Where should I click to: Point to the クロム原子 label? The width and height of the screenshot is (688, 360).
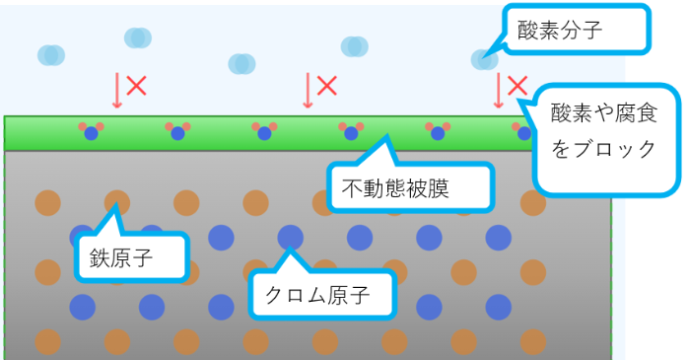coord(321,292)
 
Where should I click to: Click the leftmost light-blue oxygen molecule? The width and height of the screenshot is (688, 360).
coord(51,55)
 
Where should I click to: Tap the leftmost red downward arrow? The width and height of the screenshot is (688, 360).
coord(117,90)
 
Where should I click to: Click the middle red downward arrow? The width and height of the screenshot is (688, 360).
coord(309,90)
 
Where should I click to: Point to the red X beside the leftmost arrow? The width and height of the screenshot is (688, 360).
coord(137,85)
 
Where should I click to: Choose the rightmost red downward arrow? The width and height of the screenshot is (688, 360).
coord(499,90)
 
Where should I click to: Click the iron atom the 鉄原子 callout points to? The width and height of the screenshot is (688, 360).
coord(117,203)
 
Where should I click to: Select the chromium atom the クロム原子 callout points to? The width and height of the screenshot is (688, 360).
coord(290,237)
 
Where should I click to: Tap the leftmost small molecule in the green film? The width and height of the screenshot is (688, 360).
coord(92,130)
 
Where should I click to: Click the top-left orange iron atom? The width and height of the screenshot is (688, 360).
coord(47,203)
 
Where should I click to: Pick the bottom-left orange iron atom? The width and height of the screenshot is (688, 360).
coord(47,341)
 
